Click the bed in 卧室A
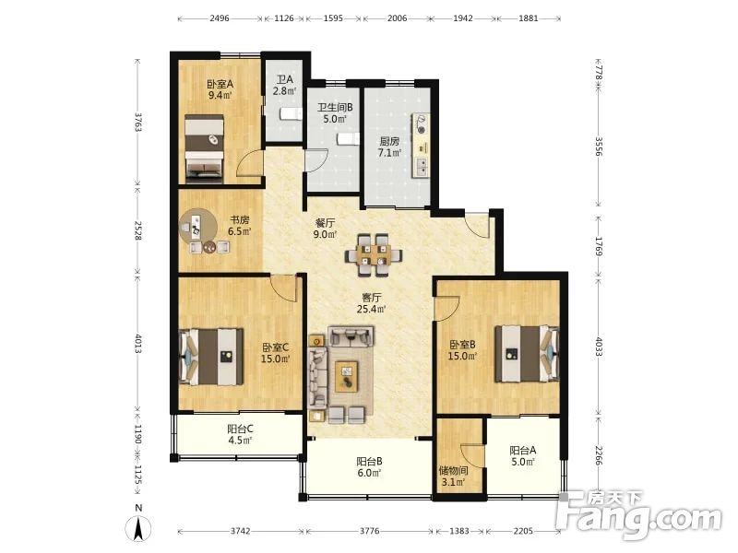[x=204, y=148]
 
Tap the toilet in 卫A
[x=291, y=114]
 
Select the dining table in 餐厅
[x=373, y=254]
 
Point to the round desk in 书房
[x=198, y=227]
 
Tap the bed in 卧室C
[x=211, y=357]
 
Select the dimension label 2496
[x=220, y=18]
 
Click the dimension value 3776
[x=370, y=532]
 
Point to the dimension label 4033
[x=599, y=347]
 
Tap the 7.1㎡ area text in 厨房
[x=389, y=153]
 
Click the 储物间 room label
[x=453, y=470]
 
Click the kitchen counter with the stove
[x=421, y=145]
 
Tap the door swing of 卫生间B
[x=316, y=160]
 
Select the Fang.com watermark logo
[x=638, y=515]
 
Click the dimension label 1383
[x=458, y=532]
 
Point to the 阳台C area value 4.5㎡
[x=240, y=441]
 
